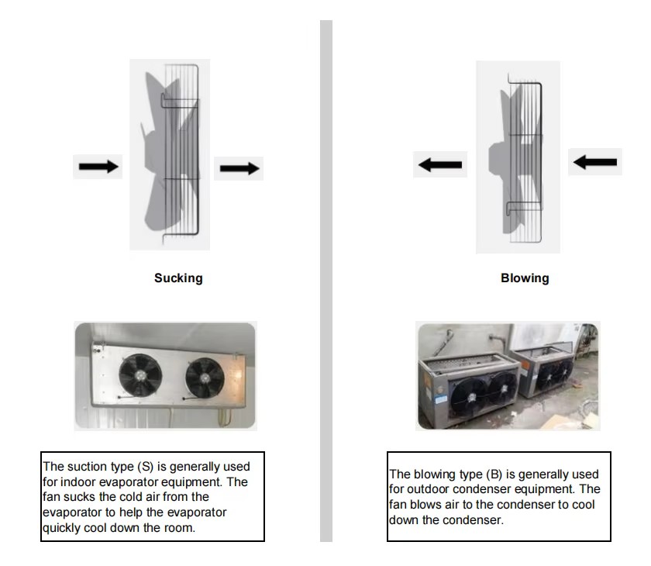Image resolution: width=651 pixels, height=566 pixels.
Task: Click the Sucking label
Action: (178, 278)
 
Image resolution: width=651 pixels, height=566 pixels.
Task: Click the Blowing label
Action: (525, 278)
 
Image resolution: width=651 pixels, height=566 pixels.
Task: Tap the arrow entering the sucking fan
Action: (98, 166)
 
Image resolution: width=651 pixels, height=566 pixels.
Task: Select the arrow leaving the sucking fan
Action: (239, 167)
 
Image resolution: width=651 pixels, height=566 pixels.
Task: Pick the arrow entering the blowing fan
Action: (595, 162)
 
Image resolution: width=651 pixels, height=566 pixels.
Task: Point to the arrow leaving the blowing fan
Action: (440, 164)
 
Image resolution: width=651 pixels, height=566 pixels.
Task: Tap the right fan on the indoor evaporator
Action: (205, 378)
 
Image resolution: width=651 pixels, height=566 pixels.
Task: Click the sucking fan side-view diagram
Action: (170, 155)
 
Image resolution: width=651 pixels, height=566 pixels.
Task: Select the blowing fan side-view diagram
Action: (518, 157)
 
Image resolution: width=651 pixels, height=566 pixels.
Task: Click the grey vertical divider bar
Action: (326, 279)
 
